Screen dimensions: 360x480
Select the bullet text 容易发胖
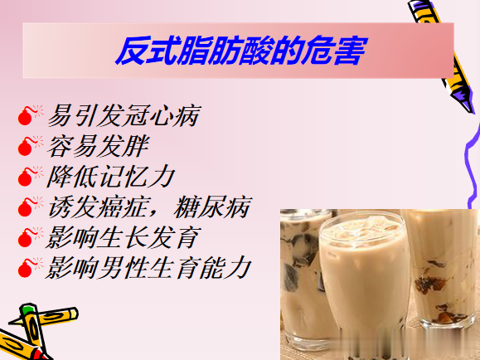point(99,147)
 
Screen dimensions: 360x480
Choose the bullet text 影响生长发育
point(124,236)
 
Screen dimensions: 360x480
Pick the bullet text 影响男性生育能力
point(149,267)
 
